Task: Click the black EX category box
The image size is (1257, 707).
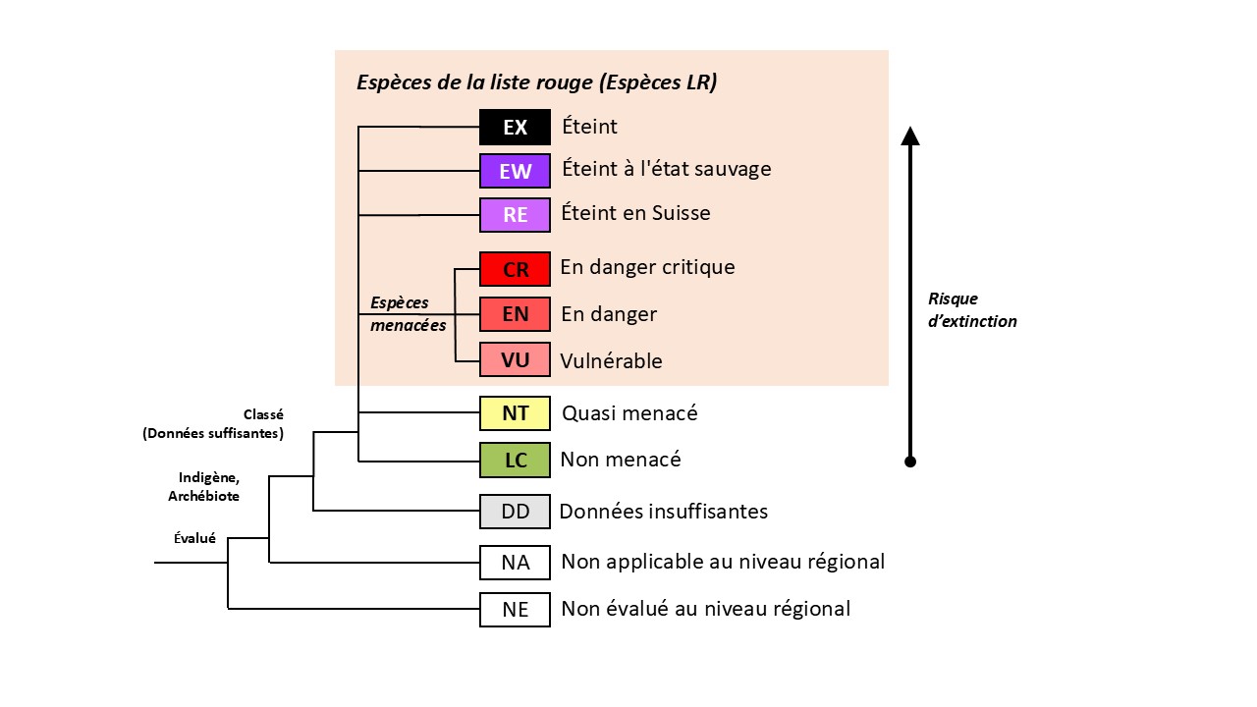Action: click(x=515, y=128)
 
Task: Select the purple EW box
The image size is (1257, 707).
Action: click(x=515, y=172)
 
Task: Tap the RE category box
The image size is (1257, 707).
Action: click(x=515, y=215)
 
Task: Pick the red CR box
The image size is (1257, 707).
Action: click(x=515, y=269)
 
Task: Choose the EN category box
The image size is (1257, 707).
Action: click(x=515, y=314)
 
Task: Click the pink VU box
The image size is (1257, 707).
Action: click(x=515, y=360)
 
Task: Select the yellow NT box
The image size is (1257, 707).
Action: click(x=515, y=413)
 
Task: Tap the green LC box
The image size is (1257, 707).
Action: click(x=515, y=460)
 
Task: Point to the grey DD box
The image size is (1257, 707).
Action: click(x=515, y=512)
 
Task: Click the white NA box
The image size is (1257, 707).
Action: click(x=515, y=563)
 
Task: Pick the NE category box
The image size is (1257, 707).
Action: click(x=515, y=610)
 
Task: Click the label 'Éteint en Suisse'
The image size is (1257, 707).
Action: click(x=635, y=213)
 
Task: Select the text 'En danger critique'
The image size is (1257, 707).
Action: click(x=647, y=267)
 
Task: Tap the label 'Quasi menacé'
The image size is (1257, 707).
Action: click(x=629, y=413)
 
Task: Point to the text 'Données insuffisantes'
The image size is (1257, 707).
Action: click(x=663, y=512)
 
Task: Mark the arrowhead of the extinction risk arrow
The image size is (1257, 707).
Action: click(x=910, y=136)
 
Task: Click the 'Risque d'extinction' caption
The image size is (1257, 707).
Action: click(x=971, y=309)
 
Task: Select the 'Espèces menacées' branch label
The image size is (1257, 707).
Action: click(x=408, y=313)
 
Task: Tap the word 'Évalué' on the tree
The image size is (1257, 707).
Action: click(x=194, y=538)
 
